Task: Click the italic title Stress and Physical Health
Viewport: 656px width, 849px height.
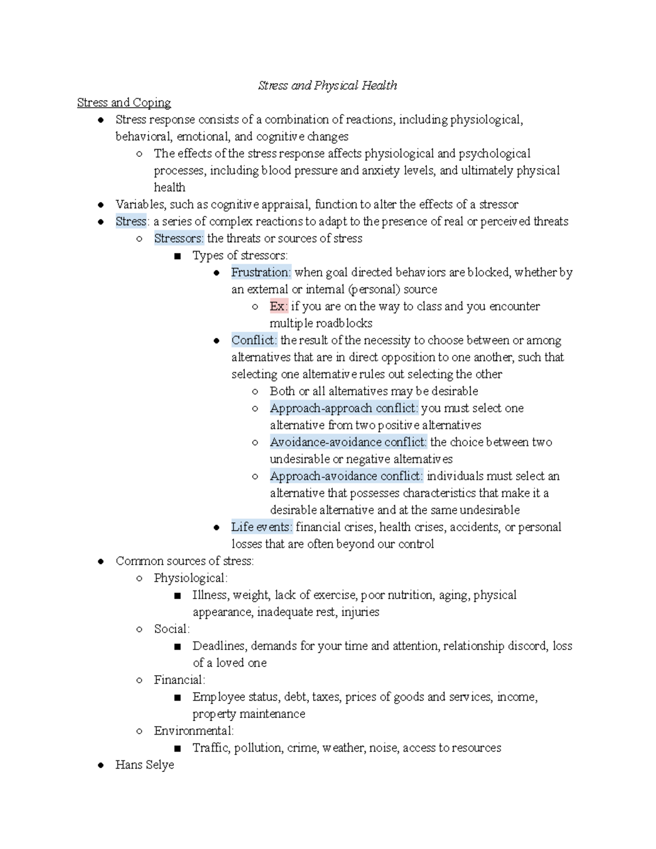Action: pyautogui.click(x=327, y=85)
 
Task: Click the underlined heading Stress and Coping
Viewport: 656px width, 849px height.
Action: pyautogui.click(x=124, y=102)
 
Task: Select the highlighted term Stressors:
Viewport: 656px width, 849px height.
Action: pyautogui.click(x=179, y=238)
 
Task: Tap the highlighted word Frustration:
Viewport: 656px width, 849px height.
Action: pyautogui.click(x=261, y=272)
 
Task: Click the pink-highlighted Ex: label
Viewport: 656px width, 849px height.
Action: pyautogui.click(x=278, y=306)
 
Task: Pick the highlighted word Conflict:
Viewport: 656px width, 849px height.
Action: pyautogui.click(x=254, y=340)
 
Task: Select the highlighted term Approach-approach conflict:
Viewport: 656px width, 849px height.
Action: pyautogui.click(x=344, y=408)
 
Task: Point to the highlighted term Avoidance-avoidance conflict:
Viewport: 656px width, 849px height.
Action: pyautogui.click(x=348, y=442)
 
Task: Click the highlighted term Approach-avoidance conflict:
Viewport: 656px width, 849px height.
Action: pyautogui.click(x=346, y=476)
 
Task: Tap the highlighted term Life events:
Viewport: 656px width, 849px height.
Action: pyautogui.click(x=261, y=527)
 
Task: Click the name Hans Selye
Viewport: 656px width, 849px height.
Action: pyautogui.click(x=144, y=765)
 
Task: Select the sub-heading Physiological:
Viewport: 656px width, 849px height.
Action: pyautogui.click(x=190, y=578)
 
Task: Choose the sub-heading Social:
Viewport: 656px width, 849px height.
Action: pyautogui.click(x=172, y=629)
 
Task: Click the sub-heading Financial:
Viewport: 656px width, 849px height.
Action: pyautogui.click(x=179, y=680)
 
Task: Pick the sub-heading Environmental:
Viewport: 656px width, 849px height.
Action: pyautogui.click(x=194, y=731)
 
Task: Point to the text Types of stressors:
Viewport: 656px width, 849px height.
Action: pyautogui.click(x=239, y=255)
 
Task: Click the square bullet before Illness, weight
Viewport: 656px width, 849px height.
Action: pyautogui.click(x=177, y=596)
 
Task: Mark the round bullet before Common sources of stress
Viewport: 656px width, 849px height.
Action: pyautogui.click(x=101, y=561)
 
